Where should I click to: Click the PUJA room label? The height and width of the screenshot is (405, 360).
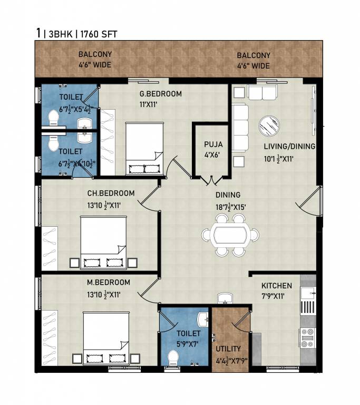(x=213, y=144)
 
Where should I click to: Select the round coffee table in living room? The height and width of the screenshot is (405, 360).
(x=269, y=126)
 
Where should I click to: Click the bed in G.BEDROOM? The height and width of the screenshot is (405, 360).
(x=144, y=149)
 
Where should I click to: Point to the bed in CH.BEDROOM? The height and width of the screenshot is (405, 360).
(x=103, y=243)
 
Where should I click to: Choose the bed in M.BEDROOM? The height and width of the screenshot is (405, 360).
(x=106, y=338)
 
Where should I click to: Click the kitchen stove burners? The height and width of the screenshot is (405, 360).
(x=308, y=337)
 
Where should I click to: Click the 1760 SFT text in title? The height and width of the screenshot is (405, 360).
(x=99, y=34)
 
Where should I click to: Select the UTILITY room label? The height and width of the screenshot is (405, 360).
(x=228, y=349)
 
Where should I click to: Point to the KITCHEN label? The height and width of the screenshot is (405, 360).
(x=277, y=286)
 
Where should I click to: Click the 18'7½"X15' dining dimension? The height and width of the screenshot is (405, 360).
(x=231, y=207)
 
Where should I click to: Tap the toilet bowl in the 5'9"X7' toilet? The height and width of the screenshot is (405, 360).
(x=173, y=358)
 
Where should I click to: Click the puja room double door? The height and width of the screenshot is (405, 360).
(x=211, y=180)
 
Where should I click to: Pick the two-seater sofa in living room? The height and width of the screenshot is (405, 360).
(x=262, y=92)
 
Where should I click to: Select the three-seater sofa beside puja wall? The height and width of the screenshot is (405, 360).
(x=240, y=128)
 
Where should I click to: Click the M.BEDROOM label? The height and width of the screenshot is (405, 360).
(x=109, y=282)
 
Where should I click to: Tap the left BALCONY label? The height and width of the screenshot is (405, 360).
(x=95, y=54)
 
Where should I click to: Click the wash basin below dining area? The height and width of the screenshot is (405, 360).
(x=225, y=298)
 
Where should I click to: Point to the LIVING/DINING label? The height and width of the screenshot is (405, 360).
(x=289, y=147)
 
